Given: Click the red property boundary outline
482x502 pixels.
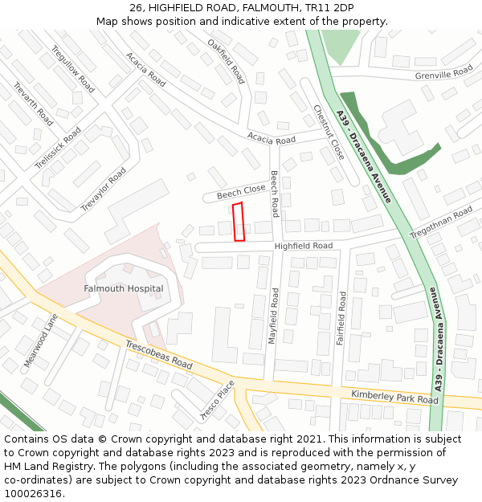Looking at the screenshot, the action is tap(239, 222).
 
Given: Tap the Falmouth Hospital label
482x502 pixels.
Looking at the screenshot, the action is tap(124, 288).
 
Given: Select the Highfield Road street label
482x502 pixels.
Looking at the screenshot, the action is tap(303, 246).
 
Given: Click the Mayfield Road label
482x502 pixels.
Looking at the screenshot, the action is tap(273, 317).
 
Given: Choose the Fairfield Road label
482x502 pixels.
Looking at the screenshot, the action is tap(341, 318).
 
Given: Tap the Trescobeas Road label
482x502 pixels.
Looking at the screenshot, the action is tap(158, 353).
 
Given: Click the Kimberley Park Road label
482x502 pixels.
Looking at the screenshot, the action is tap(394, 397).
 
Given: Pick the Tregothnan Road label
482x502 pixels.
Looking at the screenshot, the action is tap(441, 222).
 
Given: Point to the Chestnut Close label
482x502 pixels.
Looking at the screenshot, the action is tap(329, 132).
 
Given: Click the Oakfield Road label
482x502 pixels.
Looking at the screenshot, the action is tap(226, 61).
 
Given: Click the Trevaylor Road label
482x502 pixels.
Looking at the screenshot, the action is tap(104, 190).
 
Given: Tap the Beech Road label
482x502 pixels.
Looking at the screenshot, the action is tap(275, 194).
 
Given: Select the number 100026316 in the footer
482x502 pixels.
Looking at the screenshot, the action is tap(33, 493).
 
